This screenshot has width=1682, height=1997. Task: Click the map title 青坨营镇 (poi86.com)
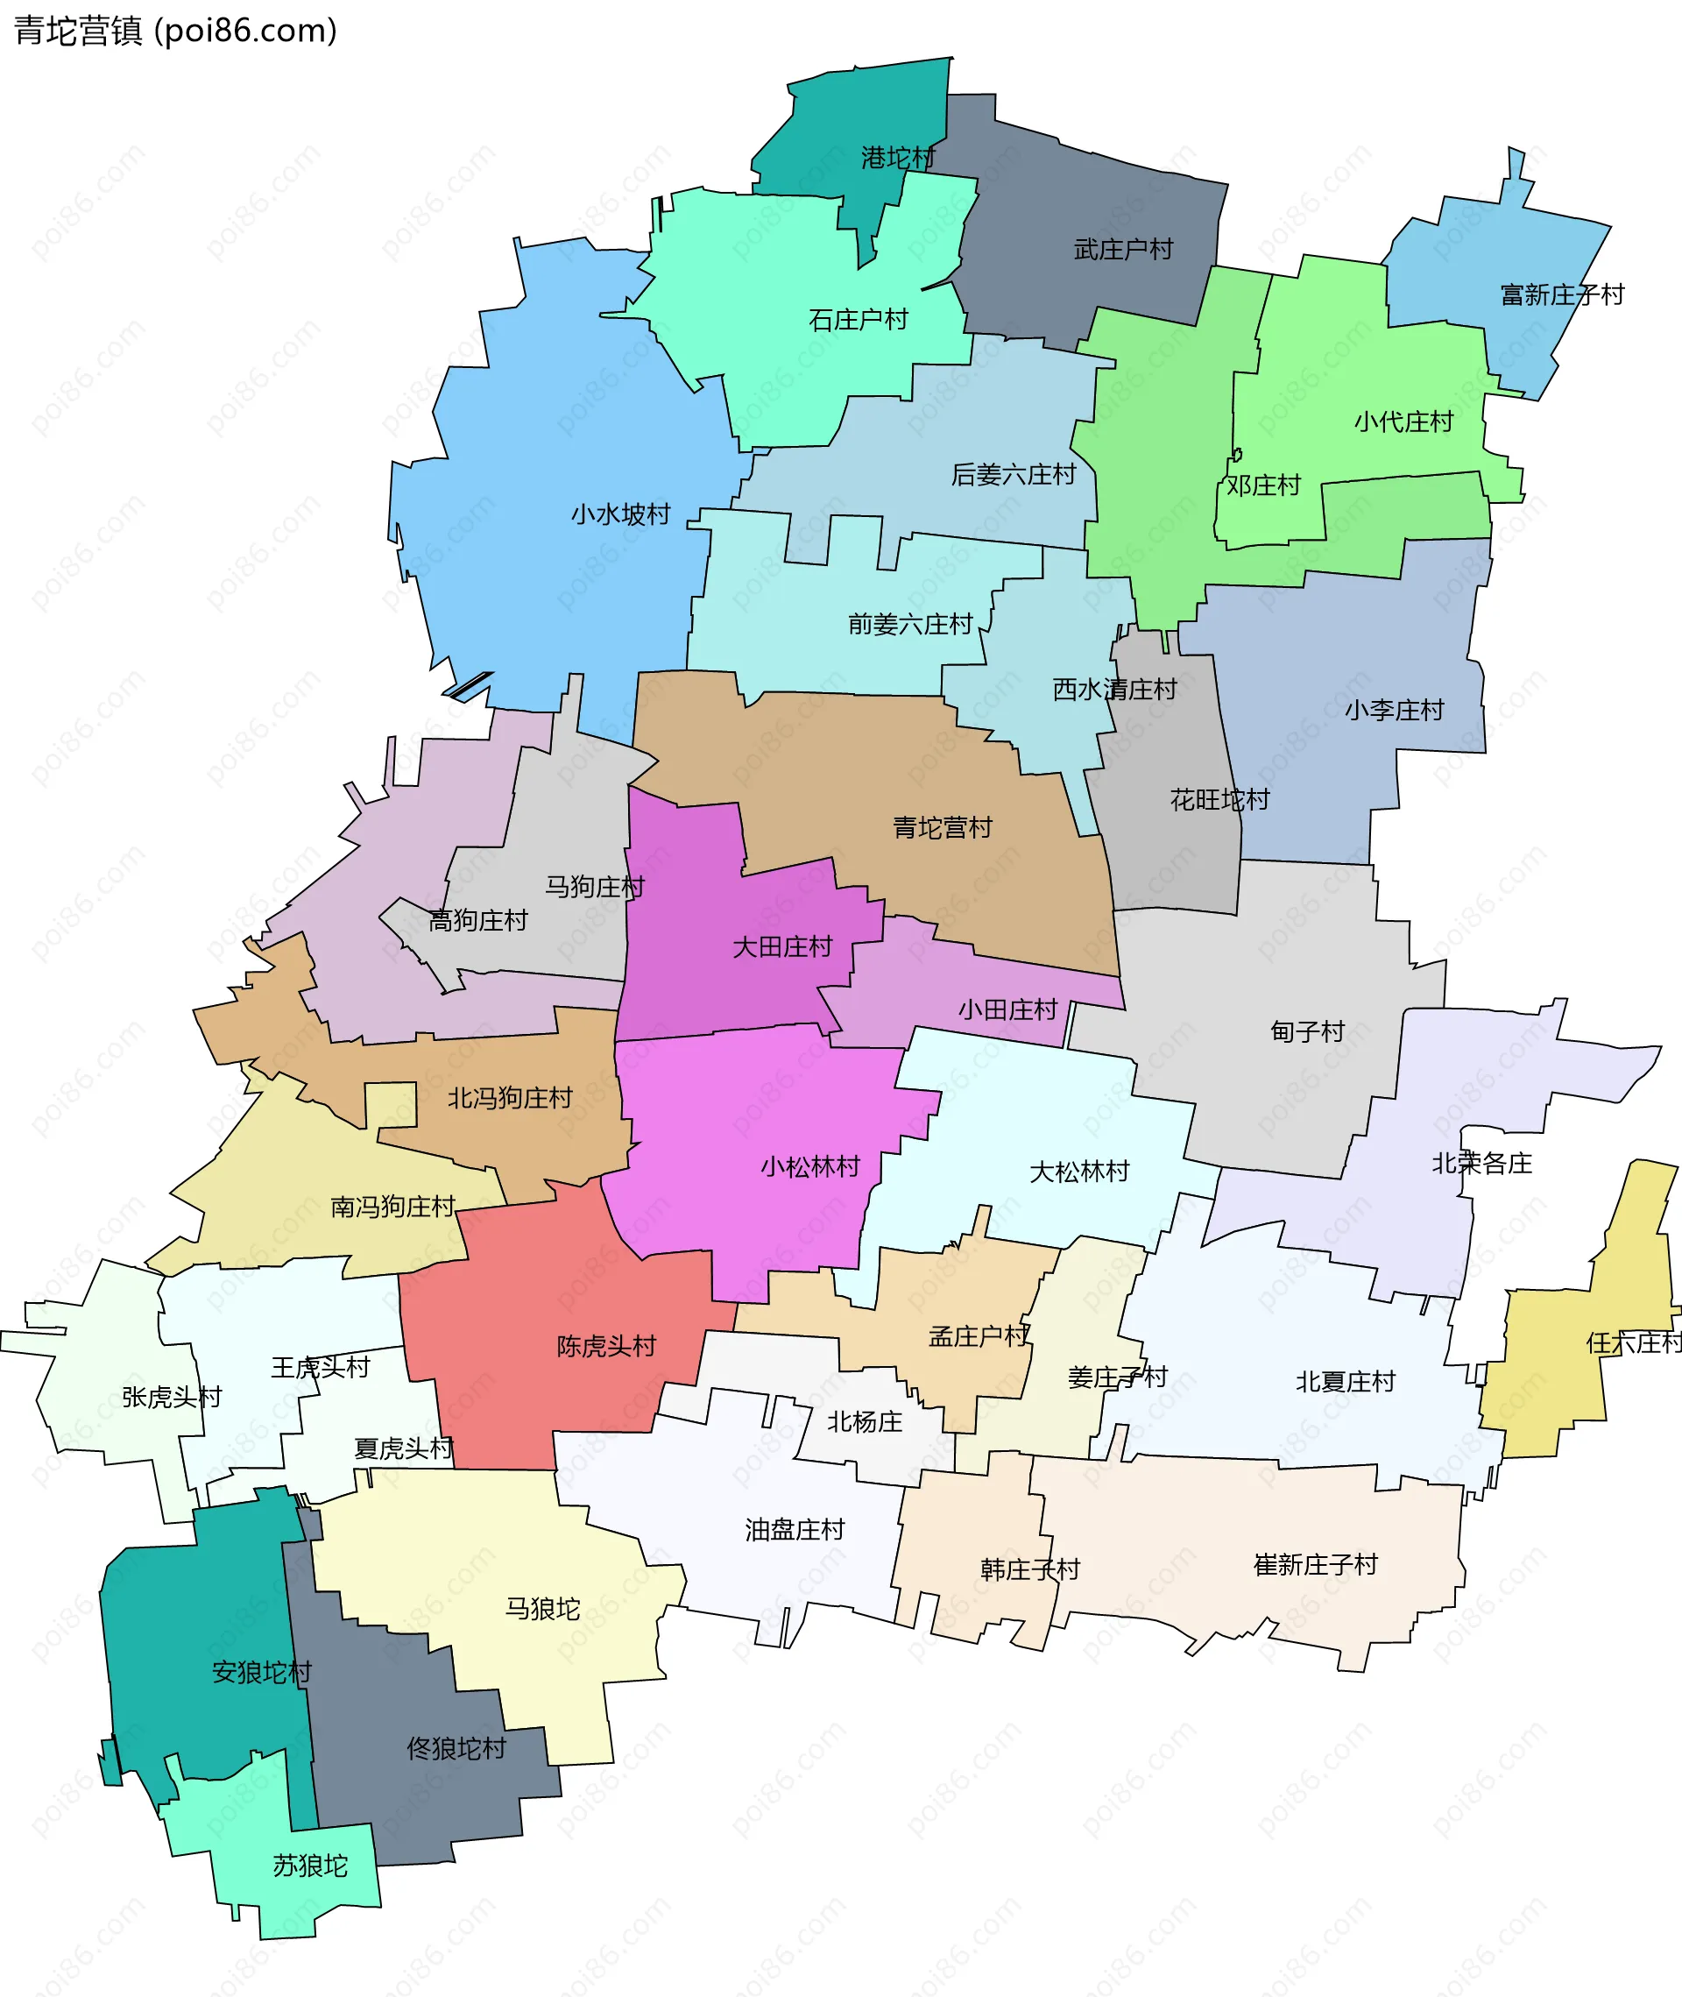pyautogui.click(x=175, y=31)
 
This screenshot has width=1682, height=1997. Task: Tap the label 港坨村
pyautogui.click(x=898, y=158)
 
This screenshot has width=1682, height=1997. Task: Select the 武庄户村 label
pyautogui.click(x=1123, y=250)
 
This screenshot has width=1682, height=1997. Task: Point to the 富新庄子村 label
pyautogui.click(x=1562, y=294)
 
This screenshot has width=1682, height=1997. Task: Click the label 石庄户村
pyautogui.click(x=859, y=320)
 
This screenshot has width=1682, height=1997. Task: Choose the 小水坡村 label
pyautogui.click(x=621, y=515)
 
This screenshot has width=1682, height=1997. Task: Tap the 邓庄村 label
pyautogui.click(x=1263, y=485)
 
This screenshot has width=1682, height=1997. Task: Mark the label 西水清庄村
pyautogui.click(x=1114, y=690)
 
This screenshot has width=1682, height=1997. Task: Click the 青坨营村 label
pyautogui.click(x=942, y=828)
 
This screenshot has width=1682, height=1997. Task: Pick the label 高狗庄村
pyautogui.click(x=477, y=920)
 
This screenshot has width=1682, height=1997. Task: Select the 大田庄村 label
pyautogui.click(x=782, y=947)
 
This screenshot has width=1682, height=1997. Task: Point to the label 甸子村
pyautogui.click(x=1307, y=1031)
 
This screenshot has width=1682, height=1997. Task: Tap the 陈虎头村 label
pyautogui.click(x=606, y=1347)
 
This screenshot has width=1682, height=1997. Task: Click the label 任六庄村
pyautogui.click(x=1633, y=1342)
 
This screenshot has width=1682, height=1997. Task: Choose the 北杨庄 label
pyautogui.click(x=864, y=1422)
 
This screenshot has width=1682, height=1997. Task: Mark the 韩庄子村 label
pyautogui.click(x=1030, y=1569)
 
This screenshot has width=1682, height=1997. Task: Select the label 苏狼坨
pyautogui.click(x=310, y=1866)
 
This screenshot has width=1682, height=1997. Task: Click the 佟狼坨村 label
pyautogui.click(x=456, y=1748)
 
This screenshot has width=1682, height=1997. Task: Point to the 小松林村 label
pyautogui.click(x=810, y=1166)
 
